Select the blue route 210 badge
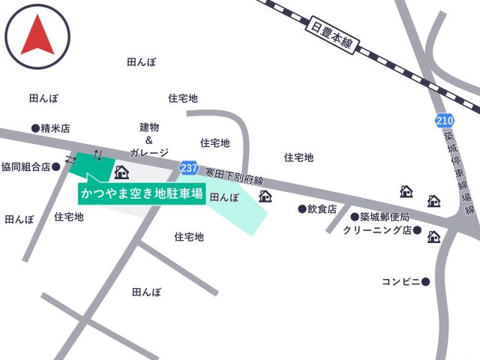point(445,120)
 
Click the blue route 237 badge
point(188,169)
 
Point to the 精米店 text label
point(55,128)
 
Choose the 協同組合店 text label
point(25,166)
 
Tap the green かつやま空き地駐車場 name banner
point(142,193)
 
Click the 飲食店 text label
point(322,208)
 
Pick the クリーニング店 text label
point(377,230)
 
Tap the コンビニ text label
point(400,282)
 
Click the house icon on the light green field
point(265,196)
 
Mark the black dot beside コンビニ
point(425,282)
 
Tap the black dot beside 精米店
point(35,128)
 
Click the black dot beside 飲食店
point(301,208)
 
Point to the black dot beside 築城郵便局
point(355,216)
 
